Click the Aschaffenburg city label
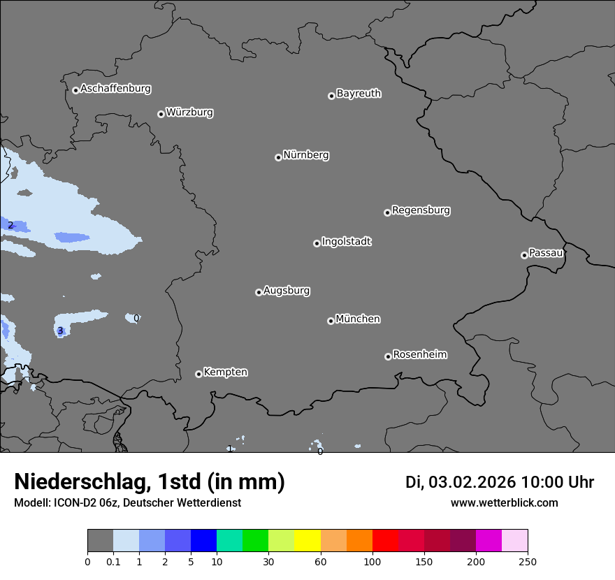pos(115,89)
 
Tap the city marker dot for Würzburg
pos(161,114)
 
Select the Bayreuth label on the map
pos(359,94)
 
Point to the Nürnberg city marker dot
pos(278,157)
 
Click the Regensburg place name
pos(421,210)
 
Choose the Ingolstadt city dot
pos(317,243)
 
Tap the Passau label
pos(546,253)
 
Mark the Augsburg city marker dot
pos(259,292)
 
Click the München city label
pos(358,319)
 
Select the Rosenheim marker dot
pos(388,357)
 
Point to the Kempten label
pos(225,372)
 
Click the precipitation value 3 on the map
pos(60,331)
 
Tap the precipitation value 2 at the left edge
pos(10,225)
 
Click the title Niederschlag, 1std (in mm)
pos(150,482)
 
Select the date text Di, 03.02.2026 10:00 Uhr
pos(500,482)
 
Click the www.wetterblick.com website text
pos(504,503)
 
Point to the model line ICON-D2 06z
pos(127,503)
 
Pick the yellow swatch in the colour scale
pos(307,541)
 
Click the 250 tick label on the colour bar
pos(528,562)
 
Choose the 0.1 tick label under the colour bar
pos(113,562)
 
